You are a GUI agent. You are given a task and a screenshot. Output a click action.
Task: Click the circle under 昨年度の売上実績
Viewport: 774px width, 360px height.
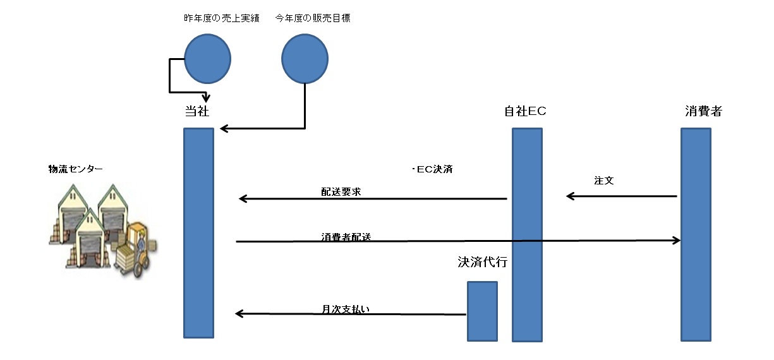(x=207, y=58)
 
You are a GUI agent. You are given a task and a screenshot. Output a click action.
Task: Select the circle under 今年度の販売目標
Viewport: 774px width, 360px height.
(x=305, y=58)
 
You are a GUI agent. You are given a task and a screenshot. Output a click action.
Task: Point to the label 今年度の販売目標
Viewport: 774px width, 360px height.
(x=313, y=18)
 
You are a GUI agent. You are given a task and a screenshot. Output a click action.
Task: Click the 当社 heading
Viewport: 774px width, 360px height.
(x=197, y=112)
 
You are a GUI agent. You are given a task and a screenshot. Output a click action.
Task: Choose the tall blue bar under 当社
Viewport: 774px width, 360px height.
(x=198, y=233)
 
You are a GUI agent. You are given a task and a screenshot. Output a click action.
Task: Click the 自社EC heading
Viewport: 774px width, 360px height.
(x=525, y=112)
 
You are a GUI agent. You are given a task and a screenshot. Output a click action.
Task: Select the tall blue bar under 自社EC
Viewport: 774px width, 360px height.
(x=527, y=234)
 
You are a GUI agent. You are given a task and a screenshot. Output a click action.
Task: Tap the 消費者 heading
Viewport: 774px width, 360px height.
(x=703, y=112)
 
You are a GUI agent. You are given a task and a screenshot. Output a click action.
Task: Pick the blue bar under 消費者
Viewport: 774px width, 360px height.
(x=696, y=234)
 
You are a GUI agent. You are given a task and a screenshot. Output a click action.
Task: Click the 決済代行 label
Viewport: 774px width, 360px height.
(x=482, y=262)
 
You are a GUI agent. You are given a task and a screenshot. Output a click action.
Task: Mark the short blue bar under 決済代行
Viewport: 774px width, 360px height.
(x=482, y=311)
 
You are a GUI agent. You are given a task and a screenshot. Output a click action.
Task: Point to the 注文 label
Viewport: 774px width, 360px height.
(x=604, y=180)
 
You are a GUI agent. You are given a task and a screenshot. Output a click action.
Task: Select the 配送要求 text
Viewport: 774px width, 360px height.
(x=341, y=191)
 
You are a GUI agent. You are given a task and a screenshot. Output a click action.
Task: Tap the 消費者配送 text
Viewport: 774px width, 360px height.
(x=346, y=237)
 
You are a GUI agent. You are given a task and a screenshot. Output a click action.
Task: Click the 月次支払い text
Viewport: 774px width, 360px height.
(x=345, y=309)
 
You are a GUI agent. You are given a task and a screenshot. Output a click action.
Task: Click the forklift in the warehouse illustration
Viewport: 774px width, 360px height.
(x=136, y=249)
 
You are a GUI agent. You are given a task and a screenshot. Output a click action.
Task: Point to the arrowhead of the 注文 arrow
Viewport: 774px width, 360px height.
(x=569, y=196)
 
